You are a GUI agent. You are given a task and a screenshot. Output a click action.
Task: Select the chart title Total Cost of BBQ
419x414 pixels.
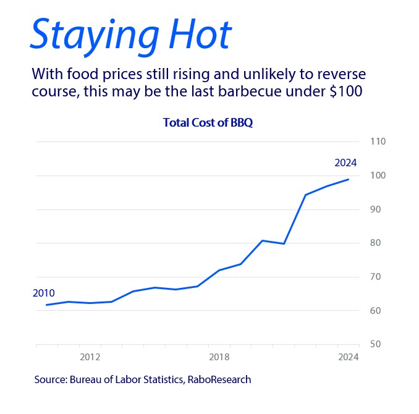pyautogui.click(x=208, y=122)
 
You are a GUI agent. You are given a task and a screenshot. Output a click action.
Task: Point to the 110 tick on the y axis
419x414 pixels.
pyautogui.click(x=377, y=142)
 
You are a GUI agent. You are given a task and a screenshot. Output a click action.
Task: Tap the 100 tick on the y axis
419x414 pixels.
pyautogui.click(x=377, y=175)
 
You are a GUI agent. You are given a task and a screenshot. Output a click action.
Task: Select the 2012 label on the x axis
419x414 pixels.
pyautogui.click(x=90, y=357)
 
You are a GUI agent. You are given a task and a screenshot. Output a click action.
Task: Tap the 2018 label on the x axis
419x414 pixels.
pyautogui.click(x=219, y=357)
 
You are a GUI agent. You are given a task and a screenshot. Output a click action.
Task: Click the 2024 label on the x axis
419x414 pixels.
pyautogui.click(x=348, y=357)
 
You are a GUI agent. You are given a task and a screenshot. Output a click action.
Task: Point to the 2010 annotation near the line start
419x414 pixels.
pyautogui.click(x=44, y=293)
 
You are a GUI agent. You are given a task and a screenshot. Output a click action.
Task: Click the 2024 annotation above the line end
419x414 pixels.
pyautogui.click(x=346, y=163)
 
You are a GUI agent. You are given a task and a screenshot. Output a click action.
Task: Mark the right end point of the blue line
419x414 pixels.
pyautogui.click(x=349, y=179)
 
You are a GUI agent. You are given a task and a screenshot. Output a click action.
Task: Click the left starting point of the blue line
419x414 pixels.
pyautogui.click(x=47, y=305)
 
